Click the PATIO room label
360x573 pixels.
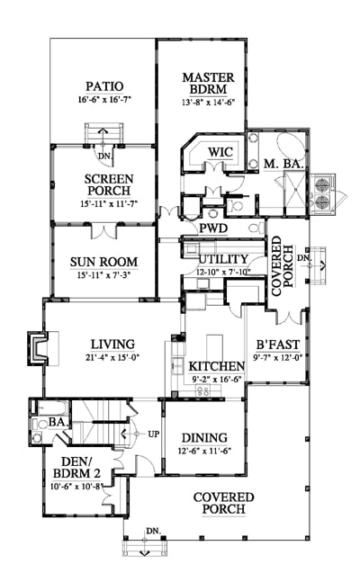click(x=104, y=86)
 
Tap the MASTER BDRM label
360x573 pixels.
click(x=208, y=84)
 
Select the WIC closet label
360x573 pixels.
click(x=220, y=152)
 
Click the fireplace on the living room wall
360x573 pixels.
click(x=37, y=348)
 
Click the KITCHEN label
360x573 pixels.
click(x=216, y=366)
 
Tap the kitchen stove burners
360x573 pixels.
click(x=203, y=390)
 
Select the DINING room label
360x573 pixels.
click(x=204, y=437)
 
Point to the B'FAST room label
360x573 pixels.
click(x=277, y=345)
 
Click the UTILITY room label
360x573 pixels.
click(x=223, y=259)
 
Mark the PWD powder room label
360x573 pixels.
click(x=213, y=228)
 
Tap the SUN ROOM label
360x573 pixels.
click(x=103, y=262)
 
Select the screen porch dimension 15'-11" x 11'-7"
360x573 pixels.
click(x=109, y=203)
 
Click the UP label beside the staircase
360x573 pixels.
click(x=154, y=434)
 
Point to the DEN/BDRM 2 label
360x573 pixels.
click(x=76, y=468)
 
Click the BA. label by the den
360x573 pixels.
click(x=58, y=422)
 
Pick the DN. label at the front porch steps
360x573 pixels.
click(x=154, y=531)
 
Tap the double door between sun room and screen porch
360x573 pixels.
click(x=104, y=231)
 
